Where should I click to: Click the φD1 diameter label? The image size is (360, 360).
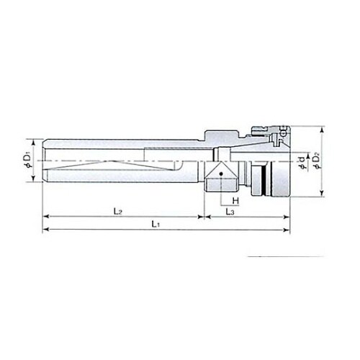[27, 161]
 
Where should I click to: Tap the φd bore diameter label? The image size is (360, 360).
[302, 162]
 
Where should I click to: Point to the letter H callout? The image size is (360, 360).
[235, 201]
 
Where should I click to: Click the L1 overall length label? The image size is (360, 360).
[156, 225]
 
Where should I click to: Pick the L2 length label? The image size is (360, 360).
[118, 212]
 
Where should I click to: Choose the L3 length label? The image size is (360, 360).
[230, 212]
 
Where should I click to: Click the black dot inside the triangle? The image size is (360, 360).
[221, 174]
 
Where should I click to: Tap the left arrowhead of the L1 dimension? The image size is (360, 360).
[45, 230]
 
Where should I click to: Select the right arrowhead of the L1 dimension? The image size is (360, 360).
[287, 230]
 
